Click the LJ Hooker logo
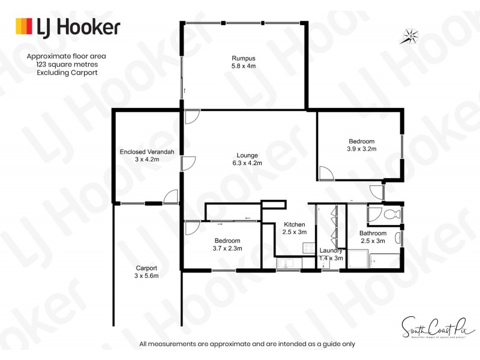pos(67,27)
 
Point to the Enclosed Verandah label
pos(147,152)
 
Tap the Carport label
pos(146,268)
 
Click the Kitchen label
pos(295,224)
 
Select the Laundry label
pos(331,250)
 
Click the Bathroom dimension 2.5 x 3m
pos(373,241)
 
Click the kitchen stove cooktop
pos(309,247)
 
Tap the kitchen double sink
pos(286,263)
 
